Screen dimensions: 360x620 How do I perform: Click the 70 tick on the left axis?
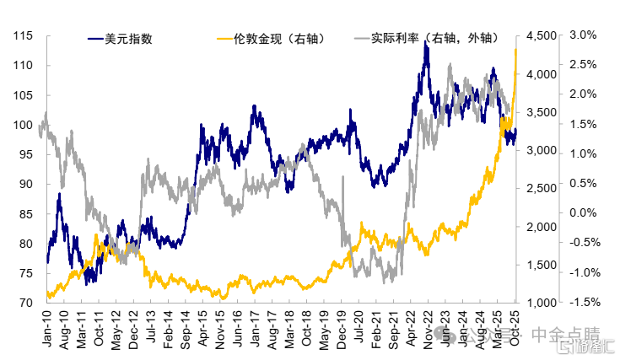(26, 303)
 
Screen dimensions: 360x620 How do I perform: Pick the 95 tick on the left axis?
(26, 154)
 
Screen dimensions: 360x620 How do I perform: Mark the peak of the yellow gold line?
(515, 50)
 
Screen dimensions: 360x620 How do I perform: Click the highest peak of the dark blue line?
(427, 42)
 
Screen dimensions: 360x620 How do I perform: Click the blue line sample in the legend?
(95, 38)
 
